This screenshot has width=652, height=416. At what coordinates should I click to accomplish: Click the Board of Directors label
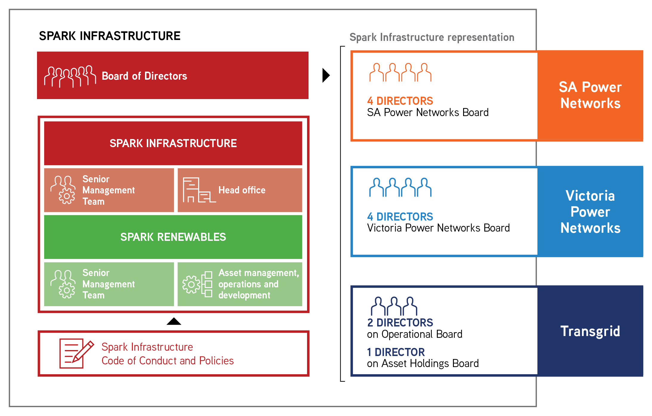point(144,76)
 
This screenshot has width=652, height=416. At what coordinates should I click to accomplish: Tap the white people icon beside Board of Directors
point(70,76)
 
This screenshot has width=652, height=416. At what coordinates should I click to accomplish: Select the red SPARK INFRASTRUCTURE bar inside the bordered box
point(173,143)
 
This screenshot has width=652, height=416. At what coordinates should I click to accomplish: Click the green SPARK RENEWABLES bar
point(173,237)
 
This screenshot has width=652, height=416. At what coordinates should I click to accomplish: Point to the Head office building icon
point(198,190)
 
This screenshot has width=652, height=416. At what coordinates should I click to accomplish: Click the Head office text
point(242,190)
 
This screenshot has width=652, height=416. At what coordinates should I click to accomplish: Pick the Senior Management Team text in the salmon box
point(108,190)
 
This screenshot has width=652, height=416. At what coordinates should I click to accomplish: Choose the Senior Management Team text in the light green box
point(108,284)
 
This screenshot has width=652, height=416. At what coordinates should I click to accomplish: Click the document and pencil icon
point(76,353)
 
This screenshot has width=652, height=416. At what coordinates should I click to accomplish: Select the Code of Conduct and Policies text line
point(167,361)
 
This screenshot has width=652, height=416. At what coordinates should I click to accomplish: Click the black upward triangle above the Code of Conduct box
point(174,321)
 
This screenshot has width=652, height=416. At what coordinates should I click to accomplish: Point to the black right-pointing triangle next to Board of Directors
point(326,75)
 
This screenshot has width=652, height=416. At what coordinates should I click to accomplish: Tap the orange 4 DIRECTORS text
point(400,101)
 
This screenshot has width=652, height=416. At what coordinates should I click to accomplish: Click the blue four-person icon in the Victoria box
point(400,187)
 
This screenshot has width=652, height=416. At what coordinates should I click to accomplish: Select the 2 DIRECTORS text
point(400,323)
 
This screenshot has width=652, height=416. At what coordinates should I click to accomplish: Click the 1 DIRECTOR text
point(396,352)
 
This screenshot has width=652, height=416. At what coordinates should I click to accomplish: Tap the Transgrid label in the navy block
point(590,331)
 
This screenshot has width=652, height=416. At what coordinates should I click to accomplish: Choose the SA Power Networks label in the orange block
point(590,95)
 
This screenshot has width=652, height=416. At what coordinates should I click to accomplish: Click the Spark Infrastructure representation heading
point(432,37)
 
